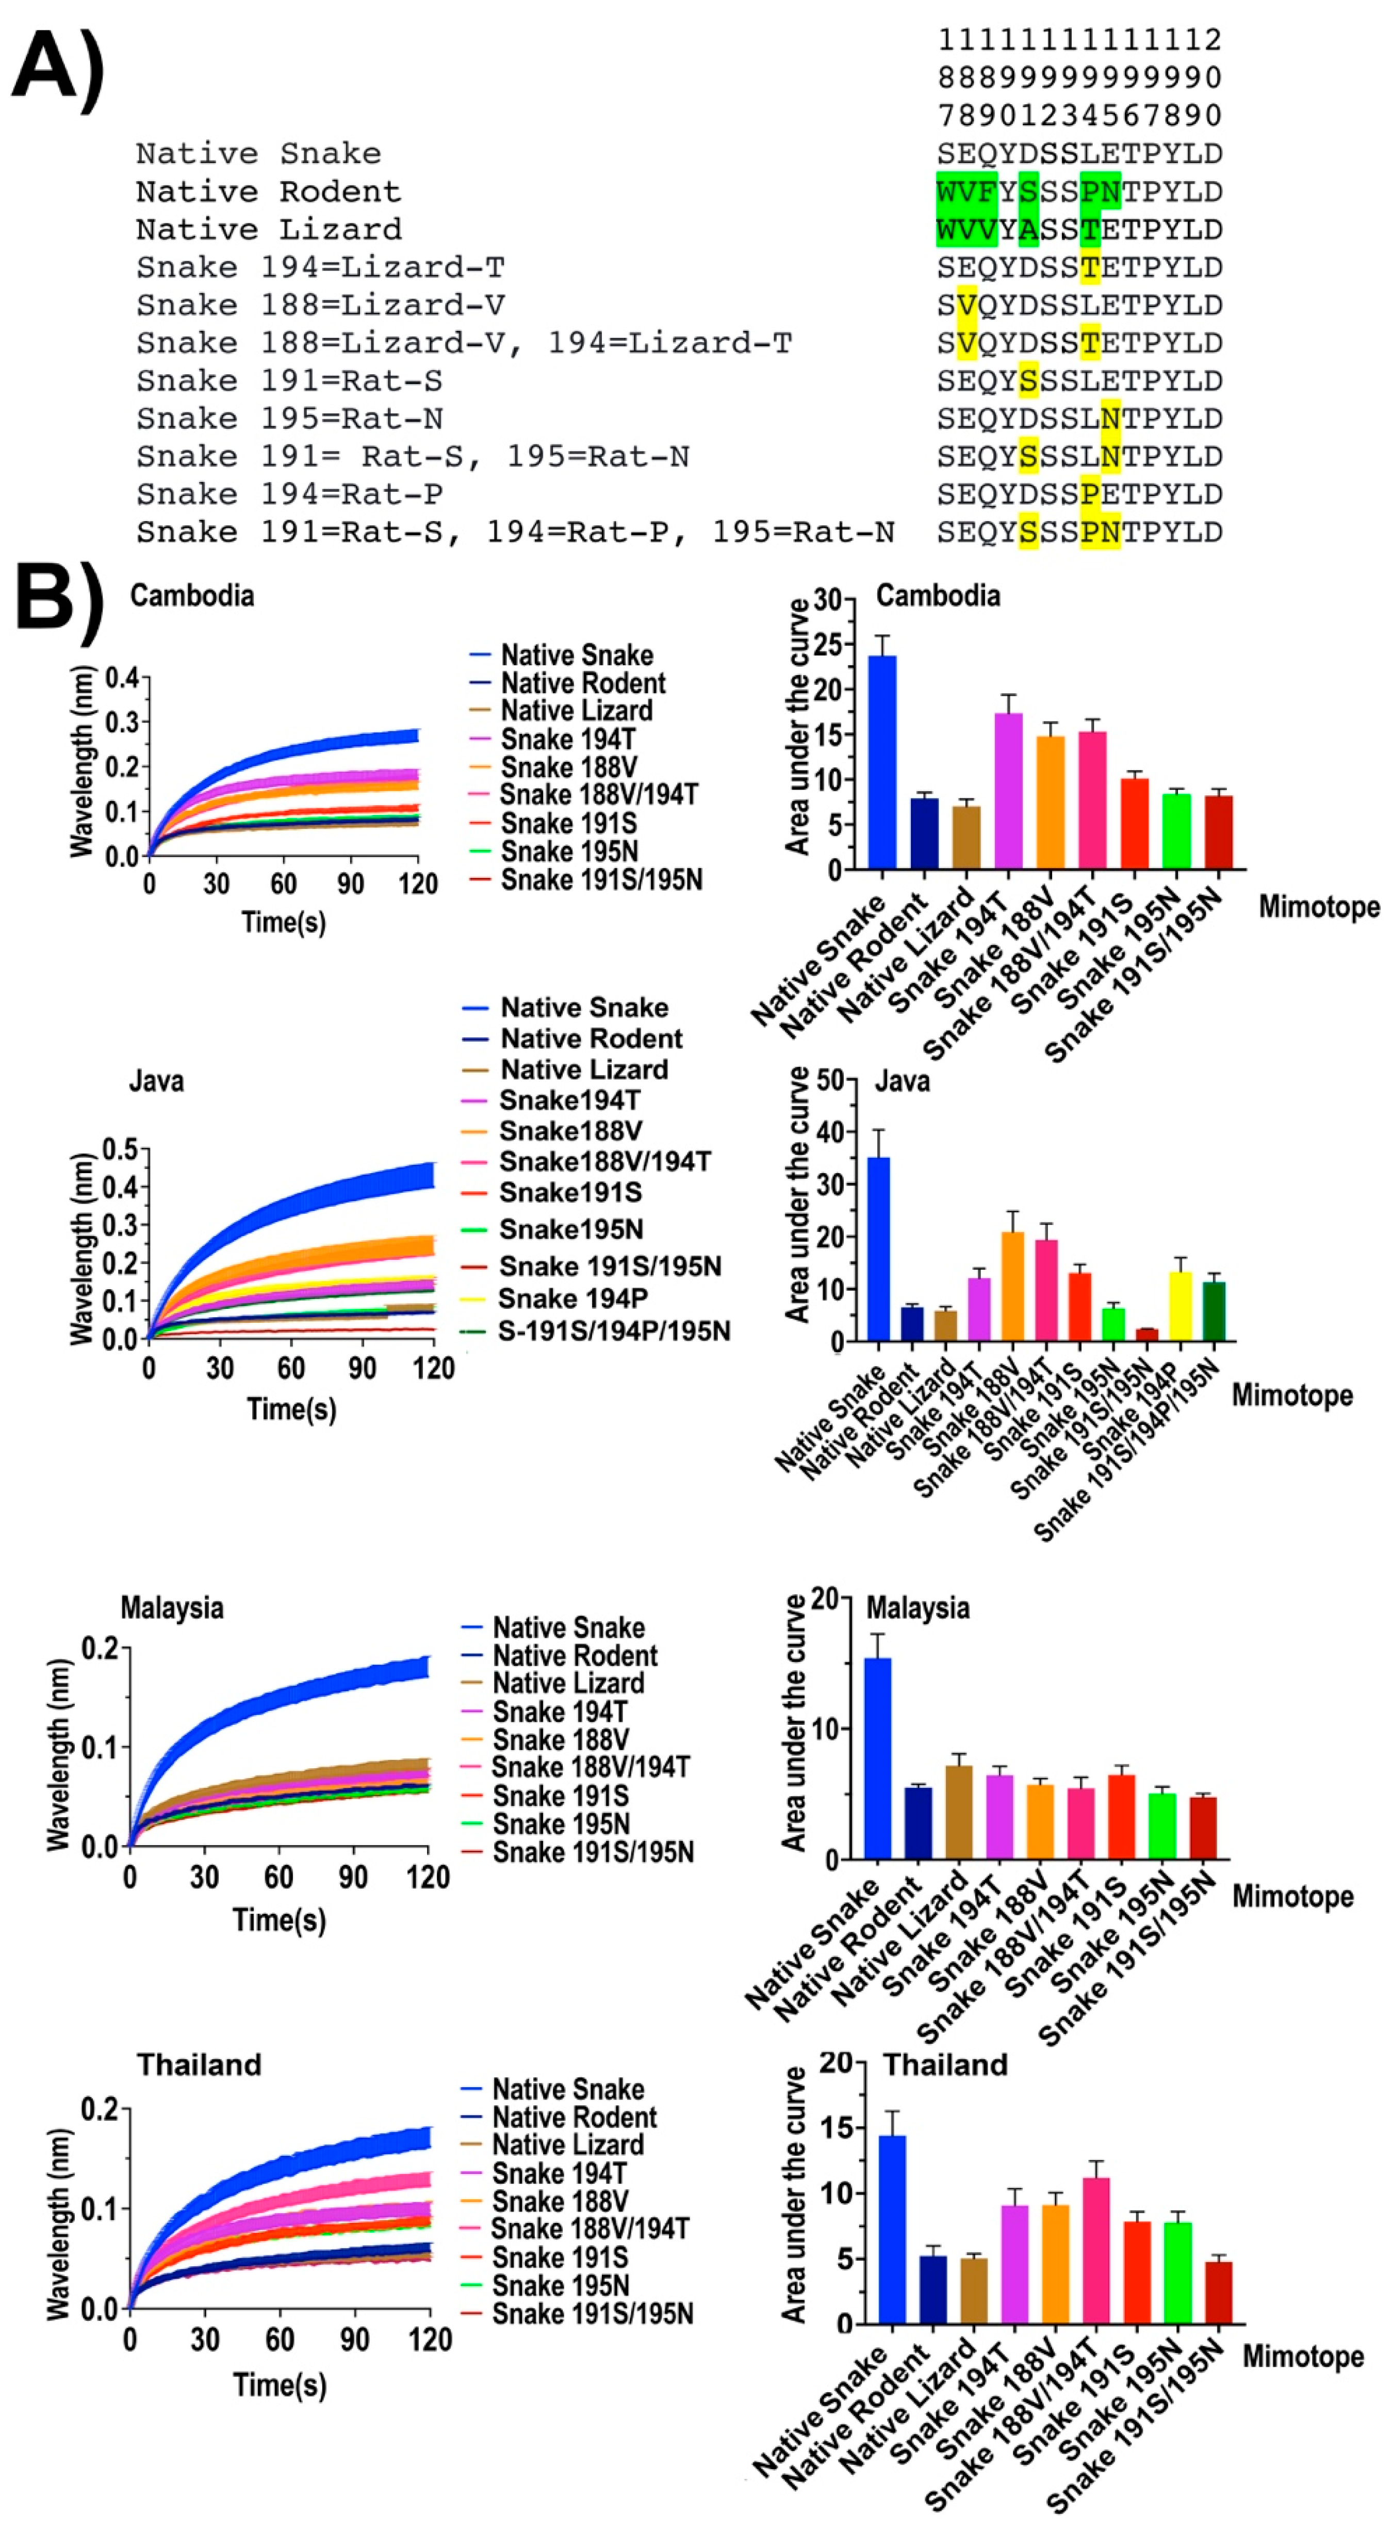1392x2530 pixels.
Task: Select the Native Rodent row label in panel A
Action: [x=268, y=191]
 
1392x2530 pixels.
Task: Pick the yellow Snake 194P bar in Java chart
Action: [x=1180, y=1306]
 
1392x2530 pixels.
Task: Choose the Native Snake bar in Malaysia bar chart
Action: [x=878, y=1758]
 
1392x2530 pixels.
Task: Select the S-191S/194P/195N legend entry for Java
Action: [x=613, y=1331]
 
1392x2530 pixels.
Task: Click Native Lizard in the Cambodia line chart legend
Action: [x=576, y=710]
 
